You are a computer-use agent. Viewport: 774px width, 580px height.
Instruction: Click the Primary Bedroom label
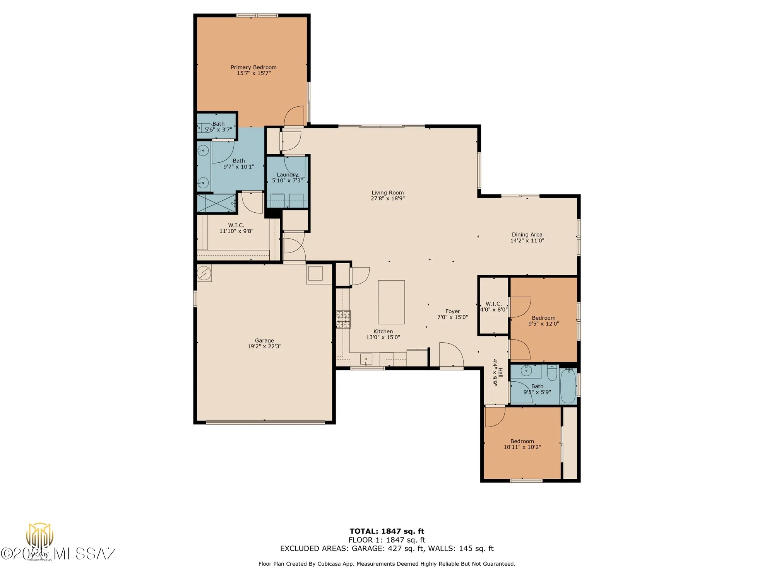coord(253,67)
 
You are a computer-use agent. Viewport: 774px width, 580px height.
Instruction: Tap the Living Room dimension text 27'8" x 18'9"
coord(387,198)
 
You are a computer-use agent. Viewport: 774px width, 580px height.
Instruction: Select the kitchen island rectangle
coord(391,302)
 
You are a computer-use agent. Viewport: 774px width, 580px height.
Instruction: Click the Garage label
coord(264,341)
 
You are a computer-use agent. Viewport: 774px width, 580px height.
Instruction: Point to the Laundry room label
coord(287,175)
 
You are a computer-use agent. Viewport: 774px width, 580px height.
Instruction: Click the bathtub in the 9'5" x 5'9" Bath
coord(568,386)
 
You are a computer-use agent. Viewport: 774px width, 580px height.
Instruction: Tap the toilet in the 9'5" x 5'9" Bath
coord(552,373)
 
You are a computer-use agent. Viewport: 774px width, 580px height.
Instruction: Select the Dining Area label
coord(527,235)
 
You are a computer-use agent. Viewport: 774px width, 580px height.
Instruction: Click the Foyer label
coord(452,311)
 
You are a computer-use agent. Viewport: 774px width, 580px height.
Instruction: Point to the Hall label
coord(500,372)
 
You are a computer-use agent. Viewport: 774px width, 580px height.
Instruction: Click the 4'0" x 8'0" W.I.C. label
coord(493,304)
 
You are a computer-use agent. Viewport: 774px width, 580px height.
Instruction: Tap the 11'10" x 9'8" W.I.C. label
coord(236,225)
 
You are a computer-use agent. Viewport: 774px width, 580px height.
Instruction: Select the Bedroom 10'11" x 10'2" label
coord(522,441)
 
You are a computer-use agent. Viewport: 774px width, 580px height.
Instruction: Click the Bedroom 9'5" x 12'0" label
coord(543,318)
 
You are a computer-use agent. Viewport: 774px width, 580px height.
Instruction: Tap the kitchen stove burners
coord(343,319)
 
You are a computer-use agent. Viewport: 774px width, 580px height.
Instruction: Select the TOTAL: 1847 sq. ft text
coord(387,531)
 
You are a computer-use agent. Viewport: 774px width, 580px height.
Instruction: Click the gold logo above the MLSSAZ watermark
coord(39,536)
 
